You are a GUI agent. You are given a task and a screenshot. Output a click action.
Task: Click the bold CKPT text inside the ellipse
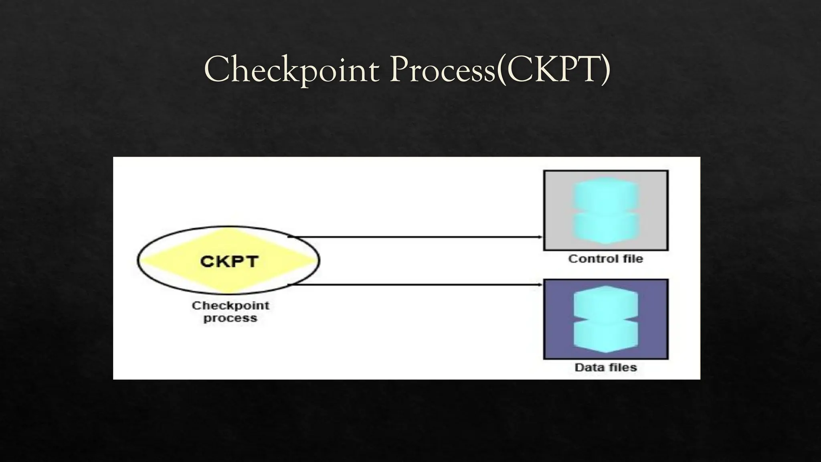click(x=229, y=261)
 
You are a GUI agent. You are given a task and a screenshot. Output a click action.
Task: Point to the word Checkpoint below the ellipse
click(x=231, y=306)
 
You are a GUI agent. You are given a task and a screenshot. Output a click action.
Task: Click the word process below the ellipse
click(x=230, y=318)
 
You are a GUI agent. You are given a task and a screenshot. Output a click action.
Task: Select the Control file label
click(x=605, y=259)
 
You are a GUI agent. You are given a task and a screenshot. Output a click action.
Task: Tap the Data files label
click(x=605, y=367)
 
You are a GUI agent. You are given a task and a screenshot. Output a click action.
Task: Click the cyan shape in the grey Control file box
click(x=605, y=211)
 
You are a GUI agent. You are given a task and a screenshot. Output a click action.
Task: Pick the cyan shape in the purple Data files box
click(x=605, y=319)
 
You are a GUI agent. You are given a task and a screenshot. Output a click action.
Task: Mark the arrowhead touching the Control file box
click(x=540, y=237)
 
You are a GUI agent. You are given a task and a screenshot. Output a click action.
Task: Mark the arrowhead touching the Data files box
click(x=540, y=285)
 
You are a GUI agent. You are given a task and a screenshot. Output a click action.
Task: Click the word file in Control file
click(x=633, y=259)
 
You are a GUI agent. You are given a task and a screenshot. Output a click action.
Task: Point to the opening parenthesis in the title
click(x=501, y=70)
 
